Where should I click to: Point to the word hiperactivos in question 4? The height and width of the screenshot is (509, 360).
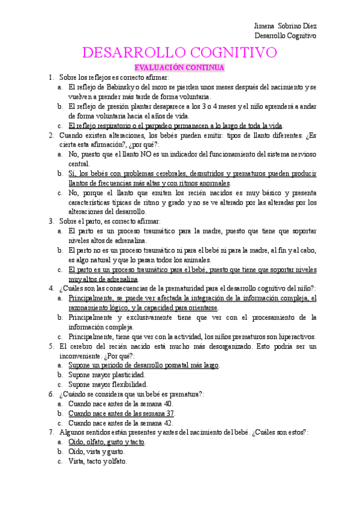coord(294,337)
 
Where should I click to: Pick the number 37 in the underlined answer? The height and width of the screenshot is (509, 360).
coord(169,414)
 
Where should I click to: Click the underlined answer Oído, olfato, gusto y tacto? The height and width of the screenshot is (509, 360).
coord(107,442)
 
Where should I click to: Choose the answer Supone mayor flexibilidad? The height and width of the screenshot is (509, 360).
coord(107,385)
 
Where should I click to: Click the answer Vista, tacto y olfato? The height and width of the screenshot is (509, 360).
coord(98,461)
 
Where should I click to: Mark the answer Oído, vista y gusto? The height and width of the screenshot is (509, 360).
coord(97,451)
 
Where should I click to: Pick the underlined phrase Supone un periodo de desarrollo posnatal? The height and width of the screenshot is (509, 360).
coord(144,366)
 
